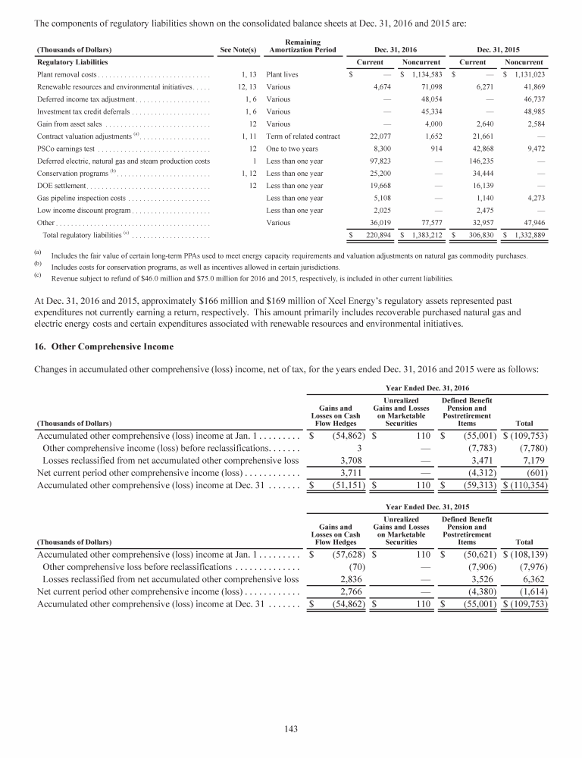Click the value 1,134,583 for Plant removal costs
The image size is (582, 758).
(424, 75)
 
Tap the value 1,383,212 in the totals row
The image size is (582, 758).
(424, 236)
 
